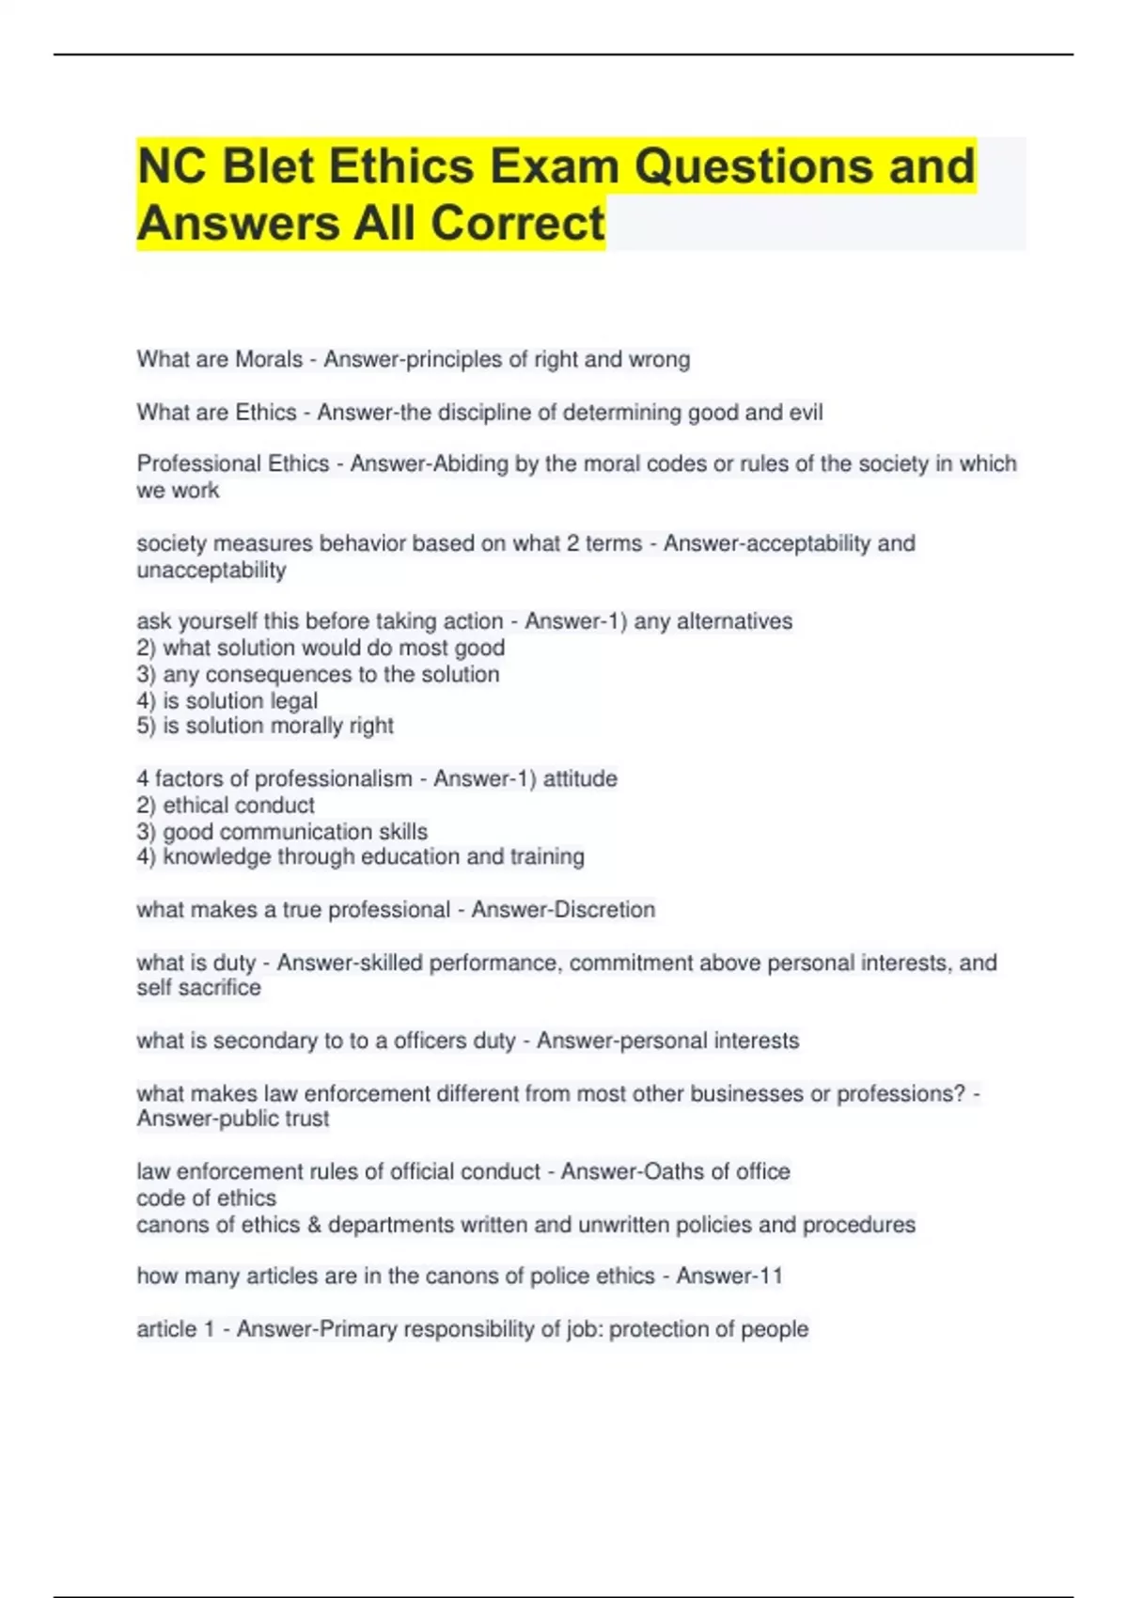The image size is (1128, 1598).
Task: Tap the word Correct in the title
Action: (x=518, y=224)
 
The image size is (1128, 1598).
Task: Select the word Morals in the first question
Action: (x=269, y=359)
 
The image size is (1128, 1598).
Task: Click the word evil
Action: (x=803, y=413)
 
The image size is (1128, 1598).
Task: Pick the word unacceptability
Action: (x=211, y=570)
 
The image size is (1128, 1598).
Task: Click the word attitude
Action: (x=582, y=778)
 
